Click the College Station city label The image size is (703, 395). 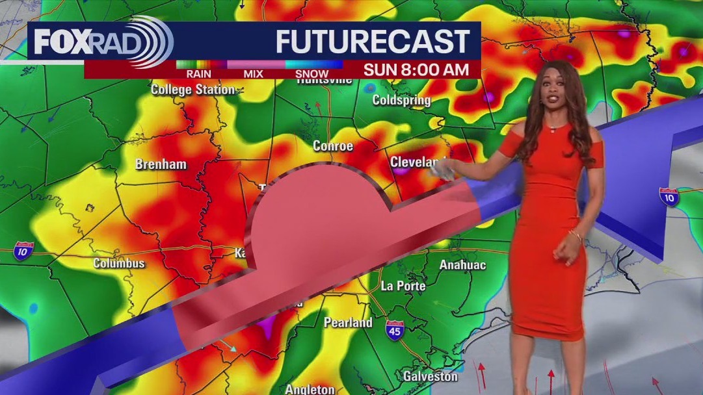[192, 90]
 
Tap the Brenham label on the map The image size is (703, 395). [161, 164]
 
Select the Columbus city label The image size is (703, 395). [119, 263]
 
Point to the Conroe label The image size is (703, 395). [333, 146]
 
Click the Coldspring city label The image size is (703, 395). [401, 100]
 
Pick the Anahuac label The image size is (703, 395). [462, 264]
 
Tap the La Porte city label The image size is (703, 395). [403, 286]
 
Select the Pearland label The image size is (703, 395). [348, 322]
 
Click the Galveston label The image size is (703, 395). [430, 376]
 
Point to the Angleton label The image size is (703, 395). [310, 389]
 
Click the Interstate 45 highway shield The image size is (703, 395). [395, 329]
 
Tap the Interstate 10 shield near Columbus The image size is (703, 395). [23, 251]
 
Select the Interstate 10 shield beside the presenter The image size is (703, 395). [669, 197]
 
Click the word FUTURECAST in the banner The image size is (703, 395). [373, 42]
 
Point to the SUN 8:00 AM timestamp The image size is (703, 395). [416, 70]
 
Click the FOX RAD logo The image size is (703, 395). [101, 42]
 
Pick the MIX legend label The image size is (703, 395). [253, 74]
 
